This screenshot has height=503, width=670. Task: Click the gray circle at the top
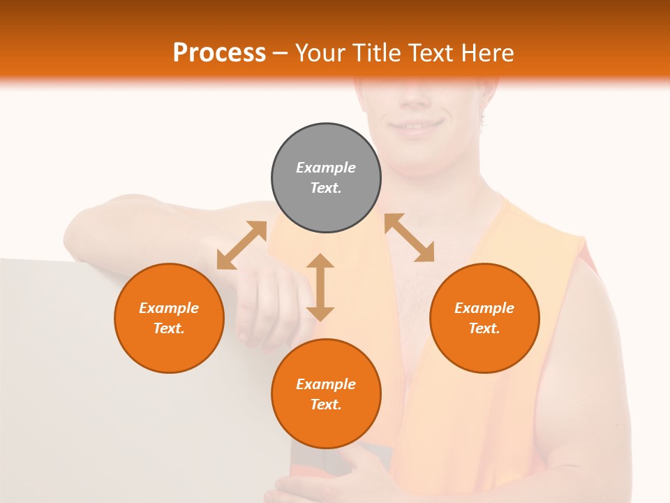tap(326, 178)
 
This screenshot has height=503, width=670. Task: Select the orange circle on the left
tap(169, 318)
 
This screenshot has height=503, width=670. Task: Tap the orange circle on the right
tap(484, 318)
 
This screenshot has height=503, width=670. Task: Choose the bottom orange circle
tap(326, 394)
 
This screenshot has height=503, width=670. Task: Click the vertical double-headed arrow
tap(320, 287)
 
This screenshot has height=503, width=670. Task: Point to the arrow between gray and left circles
tap(241, 245)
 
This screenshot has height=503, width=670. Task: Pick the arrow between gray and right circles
tap(410, 238)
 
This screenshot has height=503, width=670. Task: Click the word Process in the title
tap(219, 52)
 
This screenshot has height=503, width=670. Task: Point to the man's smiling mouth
tap(417, 126)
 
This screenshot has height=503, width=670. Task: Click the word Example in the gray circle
tap(326, 168)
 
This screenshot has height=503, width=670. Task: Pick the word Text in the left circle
tap(169, 328)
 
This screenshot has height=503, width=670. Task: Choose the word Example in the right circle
tap(484, 308)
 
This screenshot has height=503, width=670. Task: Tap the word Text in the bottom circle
tap(326, 404)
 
